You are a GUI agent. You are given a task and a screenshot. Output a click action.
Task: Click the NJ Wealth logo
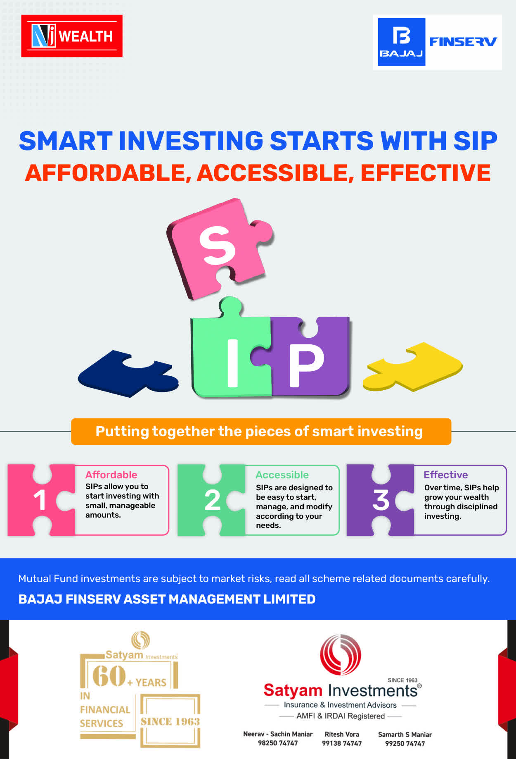pyautogui.click(x=72, y=36)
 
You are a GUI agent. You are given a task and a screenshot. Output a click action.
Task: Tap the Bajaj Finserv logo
pyautogui.click(x=438, y=42)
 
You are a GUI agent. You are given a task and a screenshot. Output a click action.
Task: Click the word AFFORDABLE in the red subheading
pyautogui.click(x=105, y=173)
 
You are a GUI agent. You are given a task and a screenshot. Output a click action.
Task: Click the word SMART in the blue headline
pyautogui.click(x=66, y=141)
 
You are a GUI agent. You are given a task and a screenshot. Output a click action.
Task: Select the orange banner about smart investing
pyautogui.click(x=261, y=432)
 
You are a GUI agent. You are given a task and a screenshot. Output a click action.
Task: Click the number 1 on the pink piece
pyautogui.click(x=40, y=500)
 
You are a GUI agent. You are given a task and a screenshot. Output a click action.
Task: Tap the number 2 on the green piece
pyautogui.click(x=212, y=500)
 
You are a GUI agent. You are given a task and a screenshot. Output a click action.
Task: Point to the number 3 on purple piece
pyautogui.click(x=381, y=500)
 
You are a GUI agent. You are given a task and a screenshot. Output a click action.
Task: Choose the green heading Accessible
pyautogui.click(x=282, y=475)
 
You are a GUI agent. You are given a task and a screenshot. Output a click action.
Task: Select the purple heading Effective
pyautogui.click(x=446, y=475)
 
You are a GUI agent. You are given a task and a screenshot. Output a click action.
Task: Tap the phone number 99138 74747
pyautogui.click(x=342, y=743)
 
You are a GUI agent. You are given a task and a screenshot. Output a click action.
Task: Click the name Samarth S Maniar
pyautogui.click(x=405, y=734)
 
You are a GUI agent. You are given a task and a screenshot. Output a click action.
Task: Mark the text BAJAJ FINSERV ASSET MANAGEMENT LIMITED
pyautogui.click(x=167, y=599)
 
